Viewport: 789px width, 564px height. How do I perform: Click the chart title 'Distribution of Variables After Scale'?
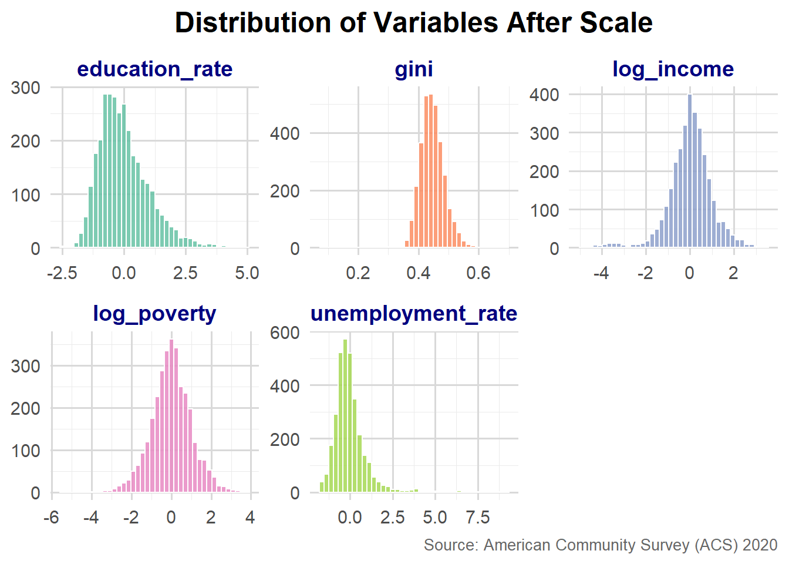pos(413,23)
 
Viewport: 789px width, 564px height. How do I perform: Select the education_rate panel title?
pos(154,69)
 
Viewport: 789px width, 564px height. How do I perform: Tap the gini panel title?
pos(413,69)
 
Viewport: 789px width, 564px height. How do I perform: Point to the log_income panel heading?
pos(673,69)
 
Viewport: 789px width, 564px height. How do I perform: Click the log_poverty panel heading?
pos(154,314)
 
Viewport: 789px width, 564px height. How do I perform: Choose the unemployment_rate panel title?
pos(414,314)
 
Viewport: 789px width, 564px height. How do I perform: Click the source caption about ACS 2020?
pos(601,545)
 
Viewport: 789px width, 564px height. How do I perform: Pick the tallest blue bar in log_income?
pos(690,170)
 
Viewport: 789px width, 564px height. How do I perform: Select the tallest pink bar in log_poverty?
pos(171,415)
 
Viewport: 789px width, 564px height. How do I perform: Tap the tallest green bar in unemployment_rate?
pos(345,415)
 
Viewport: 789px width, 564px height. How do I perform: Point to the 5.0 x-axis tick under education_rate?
pos(247,273)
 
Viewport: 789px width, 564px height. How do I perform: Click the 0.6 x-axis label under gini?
pos(478,273)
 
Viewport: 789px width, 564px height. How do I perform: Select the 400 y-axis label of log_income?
pos(544,95)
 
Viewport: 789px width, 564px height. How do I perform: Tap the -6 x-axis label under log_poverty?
pos(52,518)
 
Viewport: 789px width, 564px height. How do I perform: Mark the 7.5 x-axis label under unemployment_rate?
pos(478,518)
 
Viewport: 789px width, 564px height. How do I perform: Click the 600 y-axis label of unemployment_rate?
pos(285,333)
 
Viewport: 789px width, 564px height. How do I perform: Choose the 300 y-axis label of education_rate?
pos(25,88)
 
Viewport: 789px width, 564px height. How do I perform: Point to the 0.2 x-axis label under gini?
pos(358,273)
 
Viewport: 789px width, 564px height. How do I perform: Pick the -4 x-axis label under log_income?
pos(601,273)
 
